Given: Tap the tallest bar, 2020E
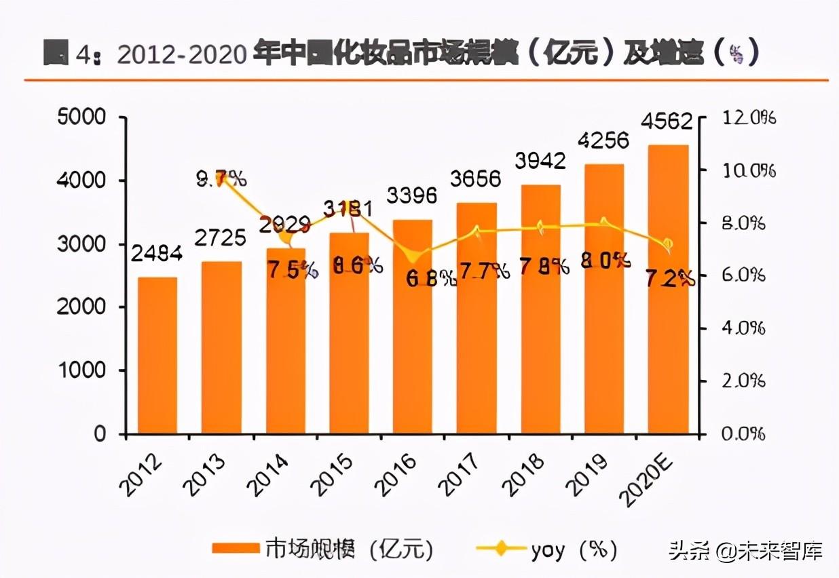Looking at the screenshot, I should pyautogui.click(x=668, y=289).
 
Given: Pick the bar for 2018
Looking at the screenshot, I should pyautogui.click(x=540, y=309).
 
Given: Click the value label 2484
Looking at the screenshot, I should pyautogui.click(x=157, y=255).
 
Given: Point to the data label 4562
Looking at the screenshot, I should pyautogui.click(x=668, y=123).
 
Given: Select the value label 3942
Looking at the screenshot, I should pyautogui.click(x=540, y=161).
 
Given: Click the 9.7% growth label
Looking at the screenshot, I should pyautogui.click(x=221, y=179).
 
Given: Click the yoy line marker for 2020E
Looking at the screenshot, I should pyautogui.click(x=668, y=244).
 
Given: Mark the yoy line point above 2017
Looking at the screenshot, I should pyautogui.click(x=477, y=231).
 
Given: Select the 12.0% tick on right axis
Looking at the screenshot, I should pyautogui.click(x=749, y=118).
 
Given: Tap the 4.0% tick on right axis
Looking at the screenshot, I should pyautogui.click(x=743, y=328).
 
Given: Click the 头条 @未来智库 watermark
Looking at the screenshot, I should pyautogui.click(x=745, y=550).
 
